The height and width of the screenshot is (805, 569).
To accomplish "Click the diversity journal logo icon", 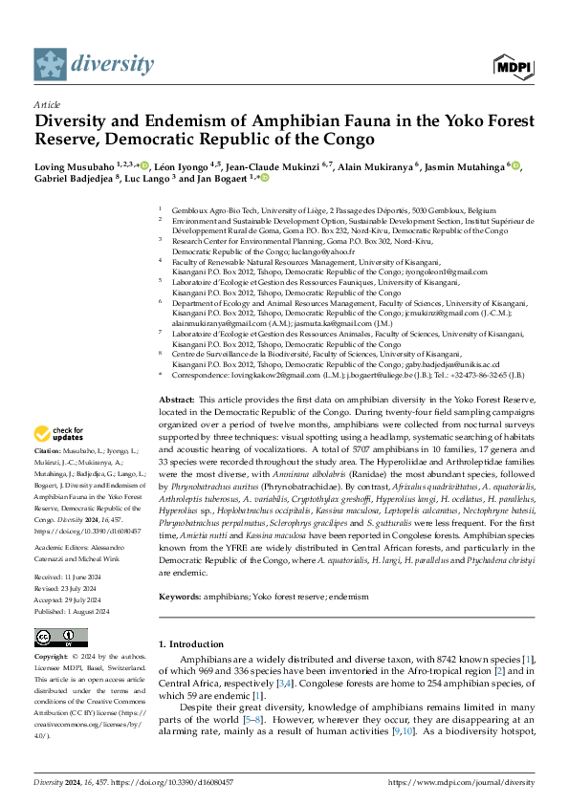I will tap(51, 64).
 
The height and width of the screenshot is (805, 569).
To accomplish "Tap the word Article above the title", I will tap(47, 104).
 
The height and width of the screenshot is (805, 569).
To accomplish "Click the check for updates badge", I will tap(62, 432).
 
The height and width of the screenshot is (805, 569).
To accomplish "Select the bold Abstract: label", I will tap(177, 399).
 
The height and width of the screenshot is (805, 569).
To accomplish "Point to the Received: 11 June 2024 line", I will tap(72, 577).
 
